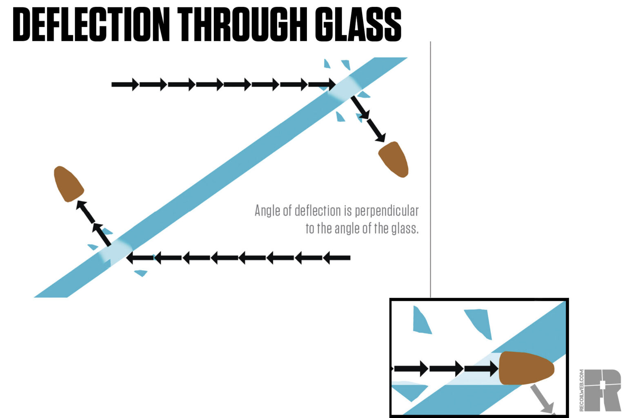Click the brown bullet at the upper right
[x=394, y=159]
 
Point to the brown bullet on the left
[x=68, y=184]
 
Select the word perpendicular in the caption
[x=387, y=211]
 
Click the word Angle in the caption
[x=267, y=211]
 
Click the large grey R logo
[x=603, y=390]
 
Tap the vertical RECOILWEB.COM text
[x=582, y=390]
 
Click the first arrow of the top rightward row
[x=125, y=84]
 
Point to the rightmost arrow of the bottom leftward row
[x=337, y=258]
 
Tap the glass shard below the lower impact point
[x=141, y=273]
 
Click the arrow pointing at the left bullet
[x=85, y=211]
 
